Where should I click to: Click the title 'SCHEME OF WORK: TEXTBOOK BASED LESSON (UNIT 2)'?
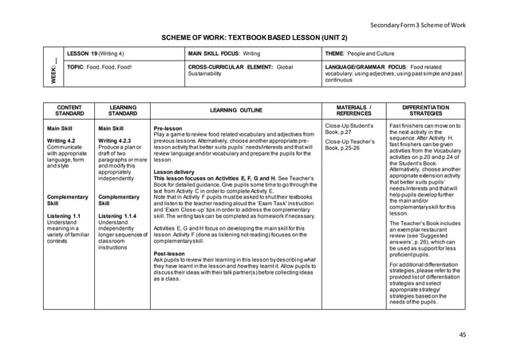[x=254, y=38]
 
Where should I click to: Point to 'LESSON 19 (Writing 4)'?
[x=101, y=52]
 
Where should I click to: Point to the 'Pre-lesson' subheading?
[x=168, y=128]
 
